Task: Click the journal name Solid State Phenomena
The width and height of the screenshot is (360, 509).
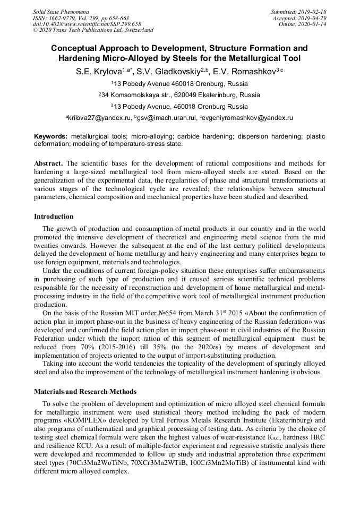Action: click(x=61, y=11)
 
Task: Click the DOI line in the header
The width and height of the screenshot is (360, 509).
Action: click(x=87, y=24)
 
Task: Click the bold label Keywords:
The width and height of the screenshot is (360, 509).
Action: click(x=51, y=136)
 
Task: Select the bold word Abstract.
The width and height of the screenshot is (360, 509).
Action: click(x=49, y=163)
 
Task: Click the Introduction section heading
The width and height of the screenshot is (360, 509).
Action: click(x=54, y=216)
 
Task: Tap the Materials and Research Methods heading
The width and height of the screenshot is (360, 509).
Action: click(x=85, y=391)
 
